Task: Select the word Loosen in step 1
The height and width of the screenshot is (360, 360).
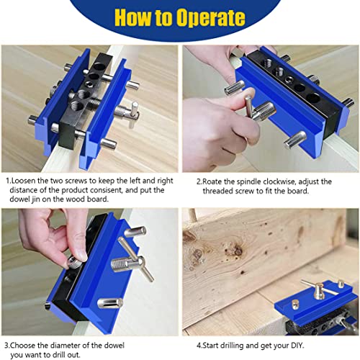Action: (27, 182)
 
